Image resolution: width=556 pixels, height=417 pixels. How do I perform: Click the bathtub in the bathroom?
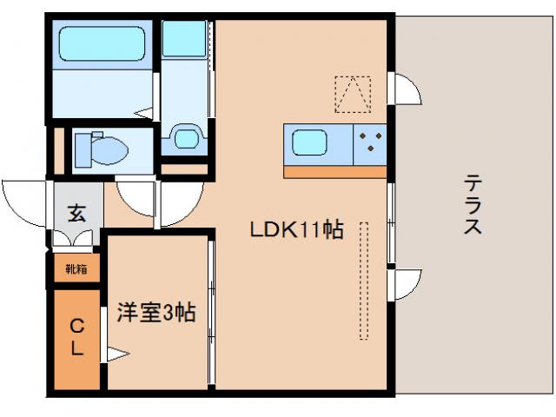(101, 43)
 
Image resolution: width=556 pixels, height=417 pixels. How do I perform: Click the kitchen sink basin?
(308, 142)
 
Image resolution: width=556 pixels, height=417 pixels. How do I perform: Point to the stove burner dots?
(371, 142)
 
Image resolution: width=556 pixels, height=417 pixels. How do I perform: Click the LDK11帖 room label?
(295, 231)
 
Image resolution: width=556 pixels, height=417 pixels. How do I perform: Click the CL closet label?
(76, 338)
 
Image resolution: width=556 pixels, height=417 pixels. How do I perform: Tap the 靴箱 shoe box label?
(76, 269)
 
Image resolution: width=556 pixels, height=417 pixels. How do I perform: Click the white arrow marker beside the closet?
(118, 354)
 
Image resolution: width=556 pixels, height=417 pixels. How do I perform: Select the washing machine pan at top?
(184, 39)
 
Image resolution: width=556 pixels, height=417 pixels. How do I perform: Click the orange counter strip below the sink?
(334, 171)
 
